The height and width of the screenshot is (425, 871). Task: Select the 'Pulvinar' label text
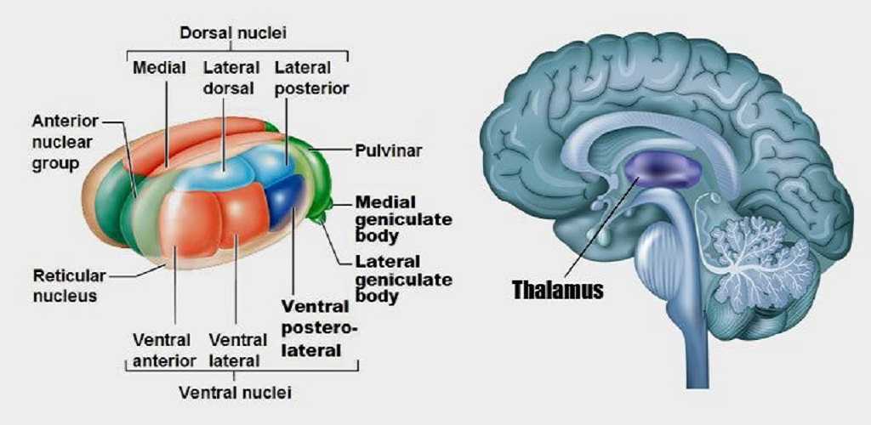tap(389, 150)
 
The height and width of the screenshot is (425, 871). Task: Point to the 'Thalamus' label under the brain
tap(557, 290)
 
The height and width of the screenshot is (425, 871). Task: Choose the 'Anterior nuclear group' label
tap(66, 141)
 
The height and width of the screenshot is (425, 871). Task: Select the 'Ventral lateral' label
tap(233, 350)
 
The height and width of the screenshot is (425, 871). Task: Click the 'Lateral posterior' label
tap(311, 77)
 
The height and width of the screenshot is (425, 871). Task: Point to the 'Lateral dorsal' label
tap(231, 77)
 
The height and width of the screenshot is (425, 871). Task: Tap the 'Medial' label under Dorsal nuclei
tap(159, 68)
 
